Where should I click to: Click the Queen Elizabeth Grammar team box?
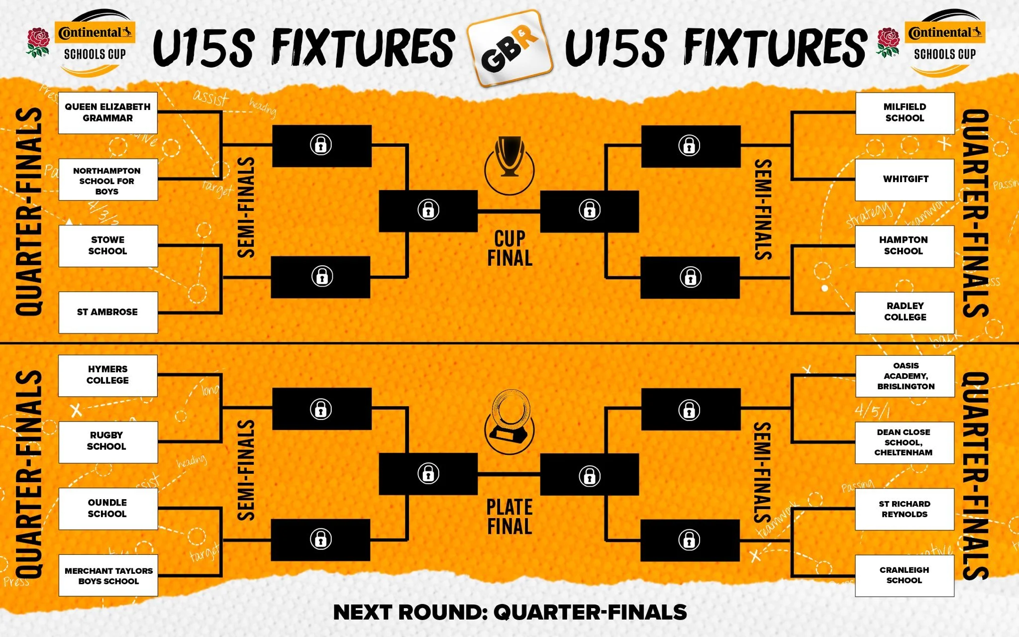pyautogui.click(x=108, y=112)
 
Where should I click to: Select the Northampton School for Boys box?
pyautogui.click(x=108, y=180)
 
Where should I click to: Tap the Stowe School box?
pyautogui.click(x=108, y=246)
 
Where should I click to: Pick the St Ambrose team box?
pyautogui.click(x=108, y=312)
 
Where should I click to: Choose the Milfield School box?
pyautogui.click(x=905, y=113)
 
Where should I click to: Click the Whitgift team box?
pyautogui.click(x=905, y=179)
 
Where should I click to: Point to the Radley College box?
pyautogui.click(x=905, y=312)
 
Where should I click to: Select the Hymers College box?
pyautogui.click(x=108, y=375)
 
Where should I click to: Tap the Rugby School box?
pyautogui.click(x=108, y=441)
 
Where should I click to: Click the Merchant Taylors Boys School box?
pyautogui.click(x=108, y=575)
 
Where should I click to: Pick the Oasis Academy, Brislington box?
pyautogui.click(x=905, y=376)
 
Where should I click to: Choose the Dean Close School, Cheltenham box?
pyautogui.click(x=905, y=442)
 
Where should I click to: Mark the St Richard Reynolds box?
pyautogui.click(x=905, y=509)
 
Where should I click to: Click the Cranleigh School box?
pyautogui.click(x=905, y=575)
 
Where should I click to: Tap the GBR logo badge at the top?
pyautogui.click(x=509, y=49)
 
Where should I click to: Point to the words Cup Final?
pyautogui.click(x=509, y=248)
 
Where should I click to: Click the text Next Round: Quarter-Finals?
pyautogui.click(x=509, y=612)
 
